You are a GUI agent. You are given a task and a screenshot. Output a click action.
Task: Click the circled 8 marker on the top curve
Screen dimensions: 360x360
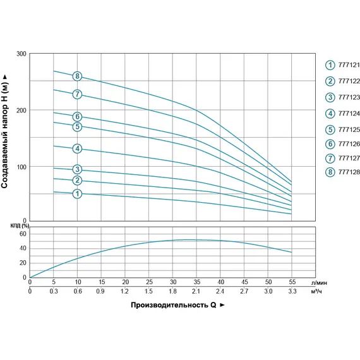click(x=78, y=76)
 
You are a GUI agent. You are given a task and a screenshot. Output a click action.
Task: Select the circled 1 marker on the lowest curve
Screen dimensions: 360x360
click(x=78, y=193)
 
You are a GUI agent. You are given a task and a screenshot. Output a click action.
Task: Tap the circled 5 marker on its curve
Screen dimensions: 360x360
click(x=78, y=126)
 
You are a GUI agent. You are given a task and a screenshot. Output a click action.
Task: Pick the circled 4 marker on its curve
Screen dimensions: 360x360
click(x=78, y=148)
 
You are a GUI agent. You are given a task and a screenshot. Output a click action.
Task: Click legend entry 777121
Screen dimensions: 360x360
click(x=342, y=65)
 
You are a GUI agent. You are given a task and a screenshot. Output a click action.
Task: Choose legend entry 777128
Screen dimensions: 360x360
click(x=342, y=172)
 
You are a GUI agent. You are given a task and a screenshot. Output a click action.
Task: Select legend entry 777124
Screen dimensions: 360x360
click(x=342, y=114)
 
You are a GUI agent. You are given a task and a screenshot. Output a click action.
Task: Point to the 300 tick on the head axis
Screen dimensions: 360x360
click(x=21, y=54)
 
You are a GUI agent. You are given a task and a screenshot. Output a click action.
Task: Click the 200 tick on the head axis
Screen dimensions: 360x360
click(x=21, y=111)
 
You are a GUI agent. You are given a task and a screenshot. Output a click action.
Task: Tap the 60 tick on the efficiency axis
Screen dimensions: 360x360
click(x=23, y=234)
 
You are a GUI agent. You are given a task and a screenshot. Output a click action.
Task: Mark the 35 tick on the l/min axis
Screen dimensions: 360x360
click(x=197, y=282)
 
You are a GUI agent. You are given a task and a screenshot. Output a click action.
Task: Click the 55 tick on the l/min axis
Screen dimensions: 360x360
click(x=292, y=282)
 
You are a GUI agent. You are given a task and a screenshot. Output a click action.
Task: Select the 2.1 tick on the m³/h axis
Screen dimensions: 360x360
click(x=196, y=291)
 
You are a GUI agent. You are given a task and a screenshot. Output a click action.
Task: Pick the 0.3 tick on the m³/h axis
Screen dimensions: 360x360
click(x=54, y=291)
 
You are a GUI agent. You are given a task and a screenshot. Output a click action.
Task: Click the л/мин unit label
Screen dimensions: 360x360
click(x=319, y=283)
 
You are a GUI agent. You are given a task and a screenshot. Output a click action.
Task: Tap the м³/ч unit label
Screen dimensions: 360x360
click(x=316, y=291)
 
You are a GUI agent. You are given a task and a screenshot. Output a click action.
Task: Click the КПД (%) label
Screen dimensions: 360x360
click(x=20, y=226)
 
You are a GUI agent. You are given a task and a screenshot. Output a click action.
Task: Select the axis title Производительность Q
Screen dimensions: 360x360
click(x=174, y=305)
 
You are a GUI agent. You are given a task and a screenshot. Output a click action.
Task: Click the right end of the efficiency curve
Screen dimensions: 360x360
click(x=292, y=253)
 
